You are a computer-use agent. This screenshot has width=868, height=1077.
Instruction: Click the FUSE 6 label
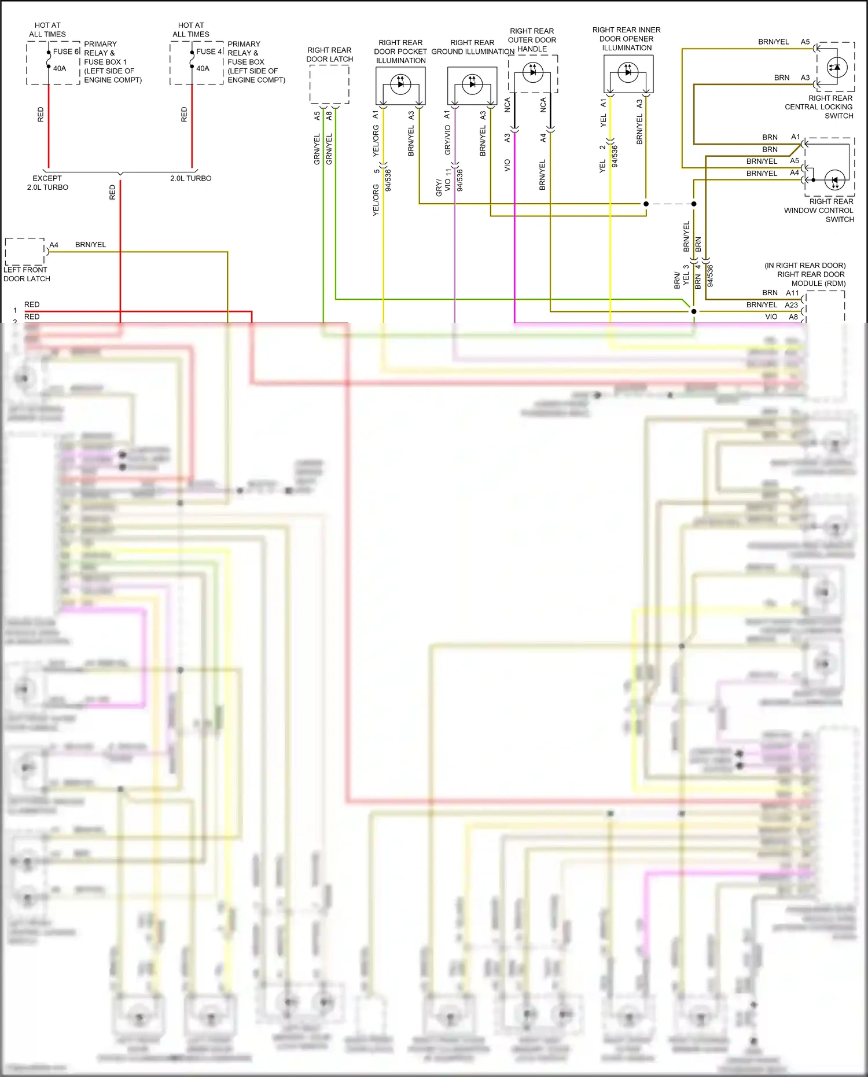(66, 52)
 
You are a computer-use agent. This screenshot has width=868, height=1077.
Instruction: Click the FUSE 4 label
(209, 52)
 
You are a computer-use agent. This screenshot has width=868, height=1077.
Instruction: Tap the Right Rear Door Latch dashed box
(329, 84)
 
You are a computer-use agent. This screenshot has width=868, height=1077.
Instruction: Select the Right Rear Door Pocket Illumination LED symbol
(400, 84)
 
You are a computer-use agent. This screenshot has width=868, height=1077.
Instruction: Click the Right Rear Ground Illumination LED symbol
(472, 84)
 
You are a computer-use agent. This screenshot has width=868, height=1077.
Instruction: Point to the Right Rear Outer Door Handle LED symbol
(532, 72)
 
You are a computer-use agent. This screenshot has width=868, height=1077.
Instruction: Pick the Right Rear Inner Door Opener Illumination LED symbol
(628, 72)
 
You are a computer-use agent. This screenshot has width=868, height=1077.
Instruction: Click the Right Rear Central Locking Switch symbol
(837, 67)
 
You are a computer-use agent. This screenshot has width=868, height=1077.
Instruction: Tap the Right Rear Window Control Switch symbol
(834, 180)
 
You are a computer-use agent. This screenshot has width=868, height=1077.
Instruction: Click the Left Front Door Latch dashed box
(25, 252)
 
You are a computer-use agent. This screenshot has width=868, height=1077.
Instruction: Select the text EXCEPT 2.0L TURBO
(47, 183)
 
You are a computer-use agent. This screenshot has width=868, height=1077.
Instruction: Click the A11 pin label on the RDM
(792, 293)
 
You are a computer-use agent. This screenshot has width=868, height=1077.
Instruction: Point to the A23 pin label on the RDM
(791, 305)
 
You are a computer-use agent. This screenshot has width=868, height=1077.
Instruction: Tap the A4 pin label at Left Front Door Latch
(54, 245)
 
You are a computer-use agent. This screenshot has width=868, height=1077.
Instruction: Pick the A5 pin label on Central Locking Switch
(805, 42)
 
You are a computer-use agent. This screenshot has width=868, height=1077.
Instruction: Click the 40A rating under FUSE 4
(203, 68)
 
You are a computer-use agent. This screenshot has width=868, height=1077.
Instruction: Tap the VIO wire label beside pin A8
(771, 317)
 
